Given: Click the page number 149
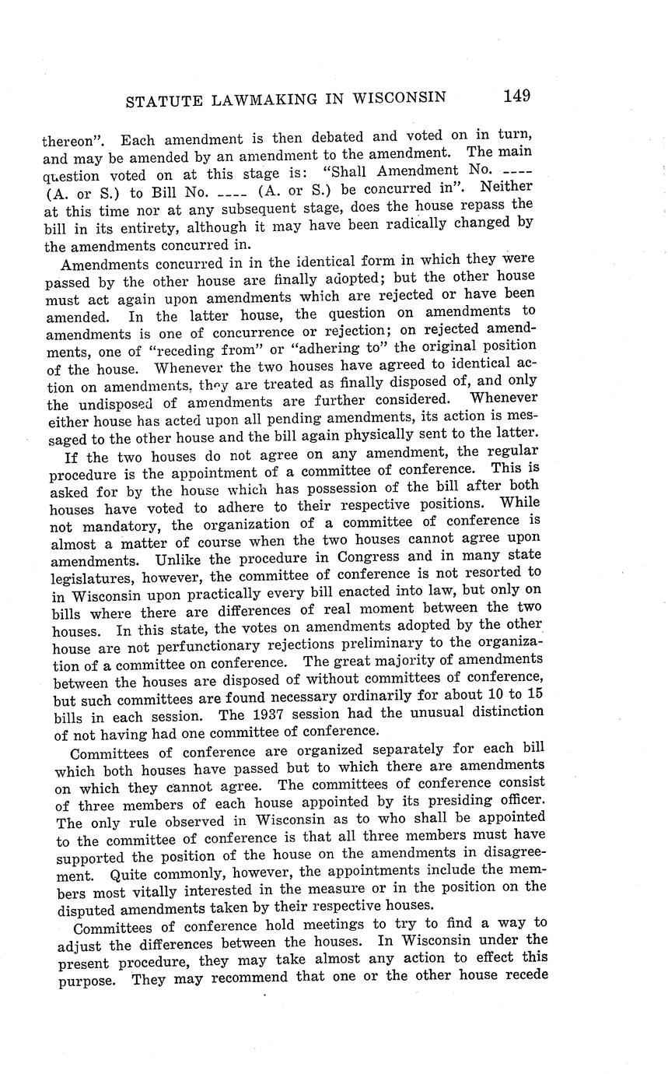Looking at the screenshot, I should (516, 96).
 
